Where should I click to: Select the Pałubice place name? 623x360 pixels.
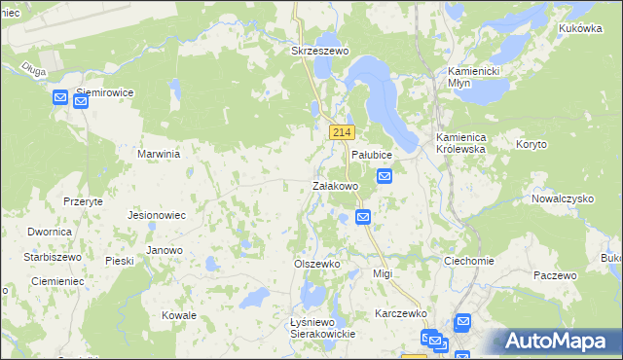[x=371, y=156]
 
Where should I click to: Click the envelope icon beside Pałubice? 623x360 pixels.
[x=385, y=176]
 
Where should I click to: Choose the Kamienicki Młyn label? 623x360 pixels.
[x=472, y=78]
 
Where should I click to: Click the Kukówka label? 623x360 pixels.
[x=581, y=29]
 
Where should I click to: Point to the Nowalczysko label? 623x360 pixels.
[x=563, y=198]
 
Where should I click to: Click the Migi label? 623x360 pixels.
[x=383, y=273]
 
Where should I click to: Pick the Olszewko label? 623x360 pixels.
[x=316, y=264]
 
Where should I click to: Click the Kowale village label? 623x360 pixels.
[x=179, y=315]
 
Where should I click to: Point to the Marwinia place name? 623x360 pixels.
[x=160, y=154]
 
